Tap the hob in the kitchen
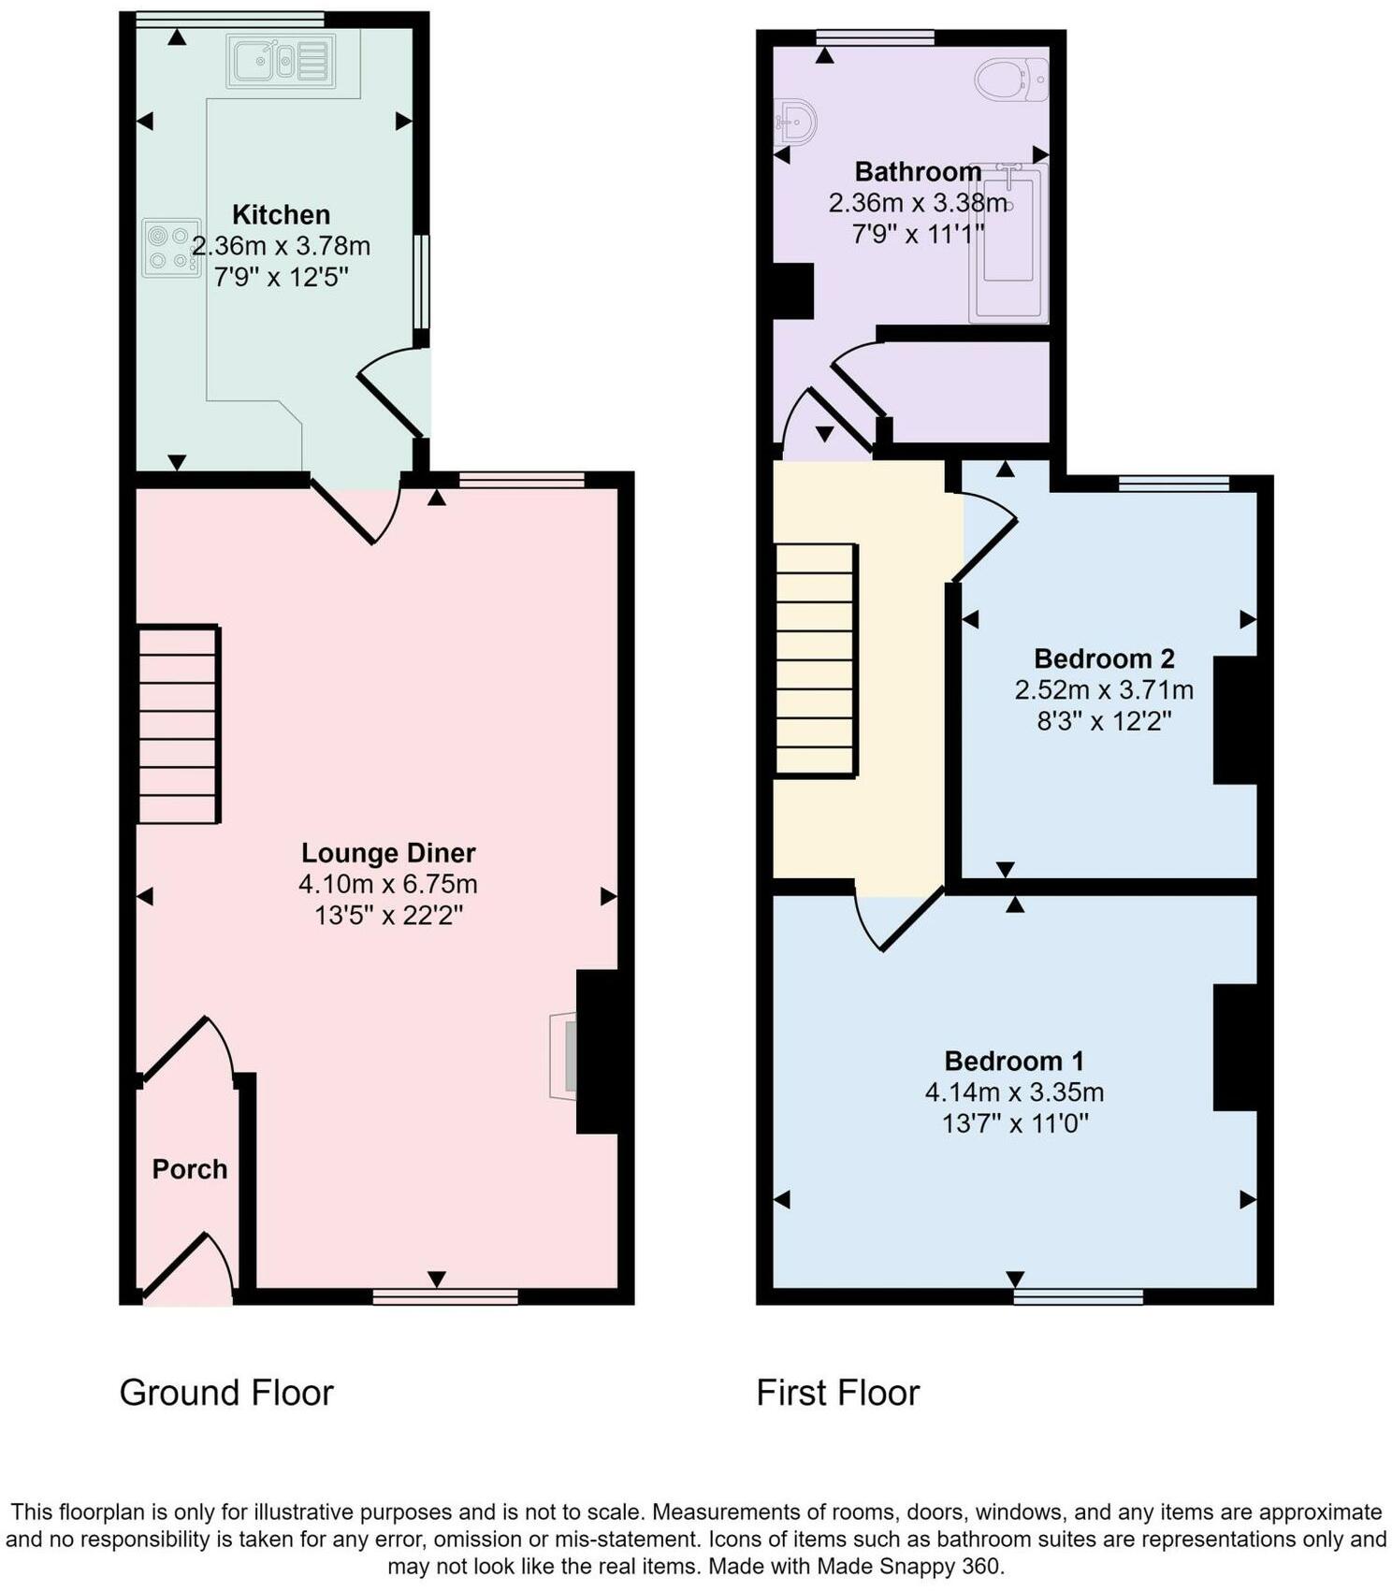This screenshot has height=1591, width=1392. click(x=171, y=248)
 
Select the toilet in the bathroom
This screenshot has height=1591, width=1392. click(x=1011, y=80)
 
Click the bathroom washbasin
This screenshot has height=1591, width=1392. click(x=796, y=123)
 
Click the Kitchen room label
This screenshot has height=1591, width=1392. click(x=281, y=215)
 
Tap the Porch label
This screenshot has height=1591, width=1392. click(x=190, y=1169)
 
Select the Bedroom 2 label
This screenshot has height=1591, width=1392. click(x=1104, y=659)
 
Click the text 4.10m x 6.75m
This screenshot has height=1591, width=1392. click(x=388, y=884)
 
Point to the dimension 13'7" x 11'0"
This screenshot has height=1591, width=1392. click(x=1015, y=1122)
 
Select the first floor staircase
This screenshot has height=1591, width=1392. click(x=816, y=659)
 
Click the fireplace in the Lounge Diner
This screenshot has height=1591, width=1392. click(x=564, y=1055)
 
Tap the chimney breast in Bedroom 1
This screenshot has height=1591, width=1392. click(x=1234, y=1048)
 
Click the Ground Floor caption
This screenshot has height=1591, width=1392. click(x=226, y=1393)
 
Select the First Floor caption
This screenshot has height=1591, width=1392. click(x=837, y=1393)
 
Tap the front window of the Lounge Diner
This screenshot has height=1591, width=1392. click(x=445, y=1296)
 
